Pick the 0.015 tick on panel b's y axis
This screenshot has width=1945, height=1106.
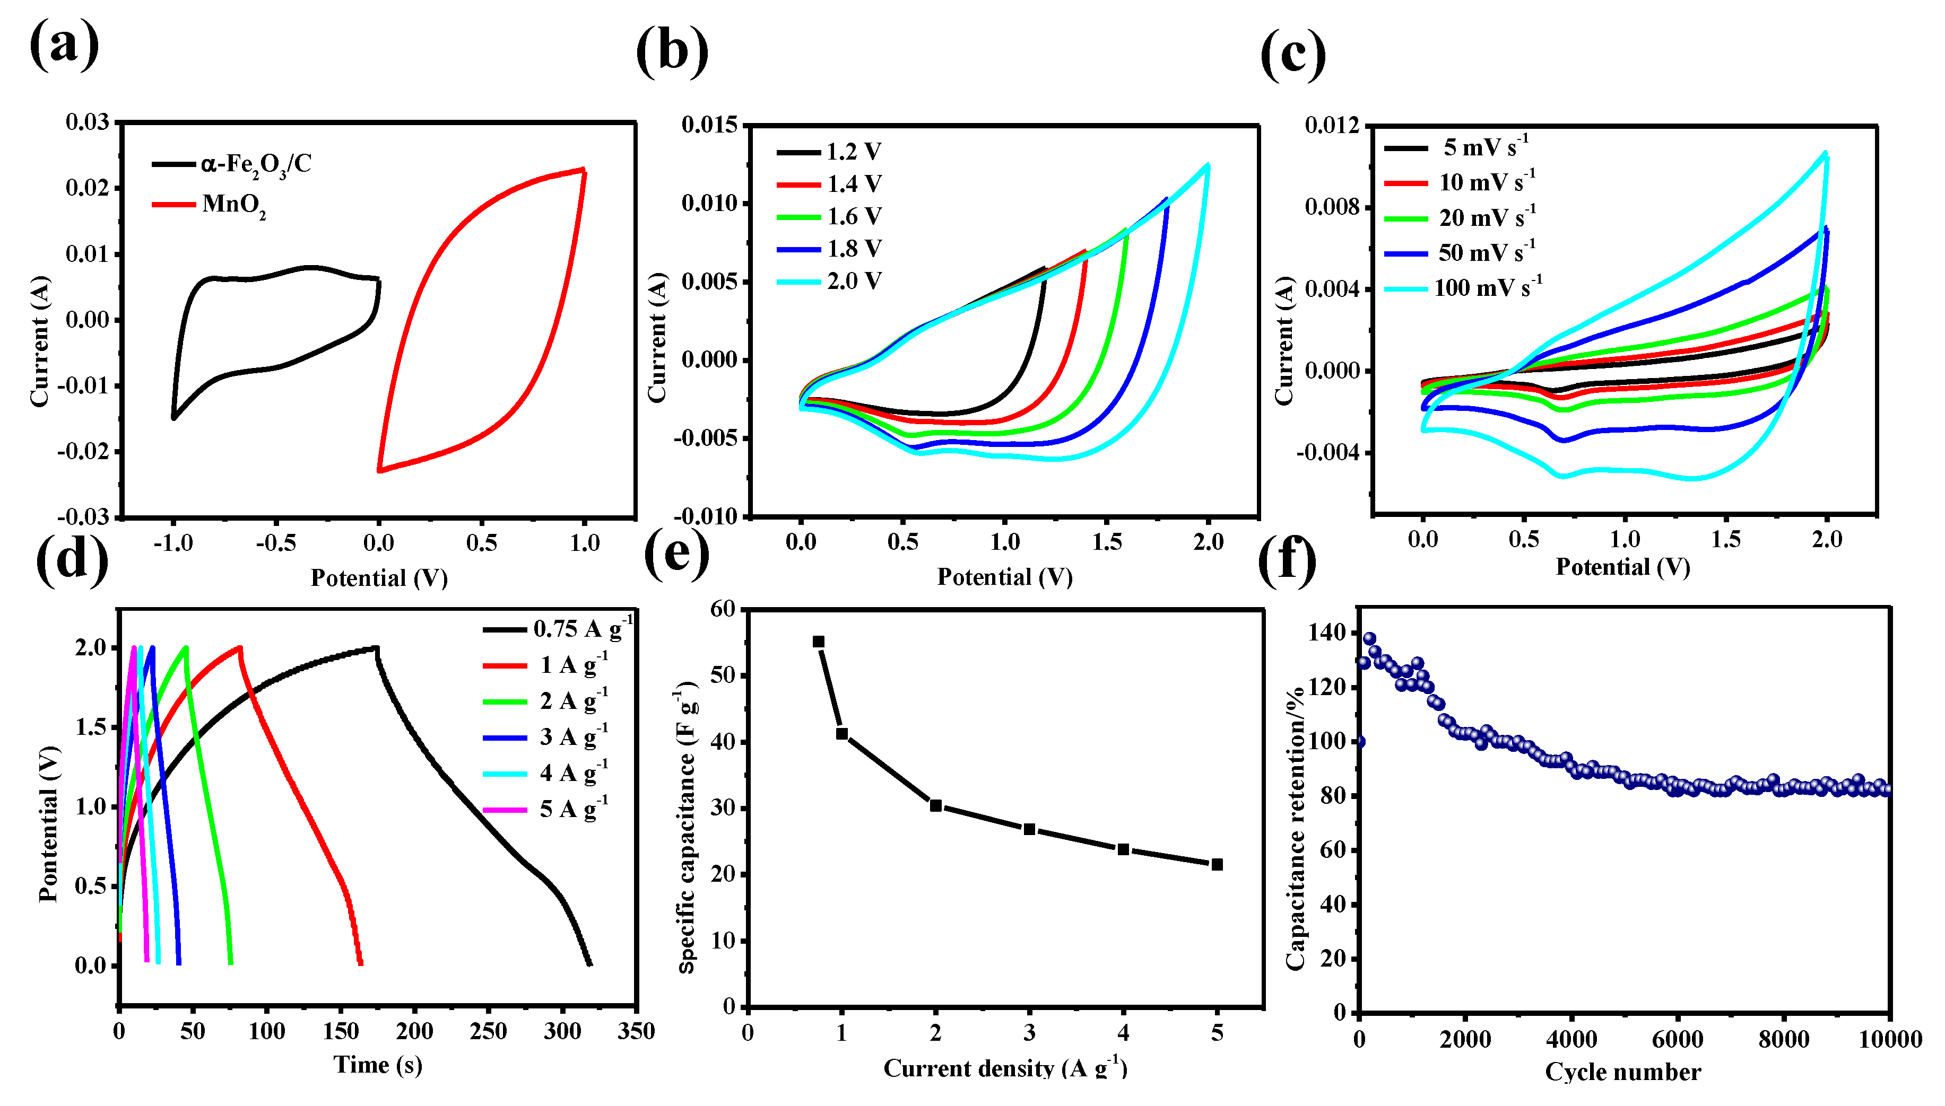(x=709, y=125)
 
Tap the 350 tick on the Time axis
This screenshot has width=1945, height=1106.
(x=636, y=1032)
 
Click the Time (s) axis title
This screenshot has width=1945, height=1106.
(x=378, y=1065)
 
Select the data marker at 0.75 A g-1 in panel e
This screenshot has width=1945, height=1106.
(x=819, y=642)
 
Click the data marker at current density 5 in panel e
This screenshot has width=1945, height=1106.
(x=1217, y=864)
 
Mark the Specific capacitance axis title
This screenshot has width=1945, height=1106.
(x=687, y=828)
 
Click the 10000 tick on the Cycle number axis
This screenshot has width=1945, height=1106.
(x=1889, y=1039)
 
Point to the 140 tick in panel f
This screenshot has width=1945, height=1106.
(x=1326, y=633)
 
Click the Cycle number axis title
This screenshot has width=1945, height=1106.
(x=1623, y=1072)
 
